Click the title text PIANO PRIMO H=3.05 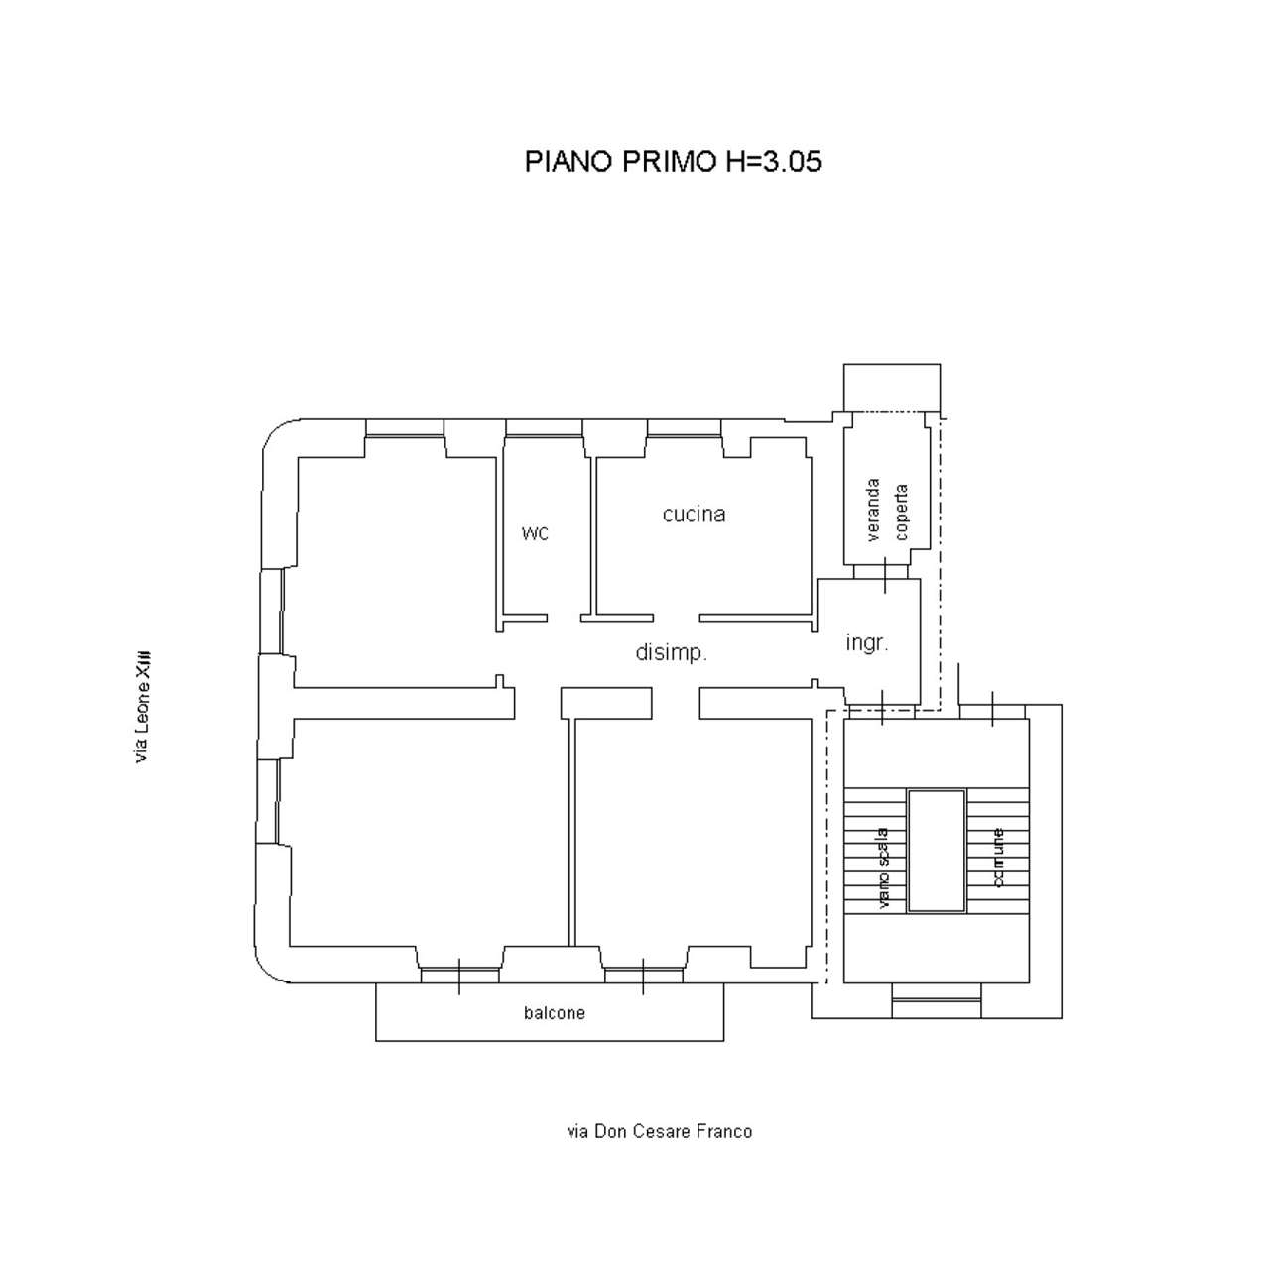tap(673, 162)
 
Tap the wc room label tap(535, 532)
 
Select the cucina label tap(694, 514)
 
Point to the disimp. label tap(671, 652)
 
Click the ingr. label tap(867, 642)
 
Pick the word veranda tap(873, 511)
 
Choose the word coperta tap(901, 513)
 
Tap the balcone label tap(555, 1013)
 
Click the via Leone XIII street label tap(142, 708)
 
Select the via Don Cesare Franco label tap(659, 1131)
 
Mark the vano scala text tap(883, 868)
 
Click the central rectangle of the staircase tap(937, 851)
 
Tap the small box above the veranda tap(892, 388)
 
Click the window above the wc tap(544, 429)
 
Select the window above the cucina tap(684, 429)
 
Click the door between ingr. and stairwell tap(882, 709)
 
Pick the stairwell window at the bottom tap(937, 1001)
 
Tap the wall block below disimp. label tap(606, 703)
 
